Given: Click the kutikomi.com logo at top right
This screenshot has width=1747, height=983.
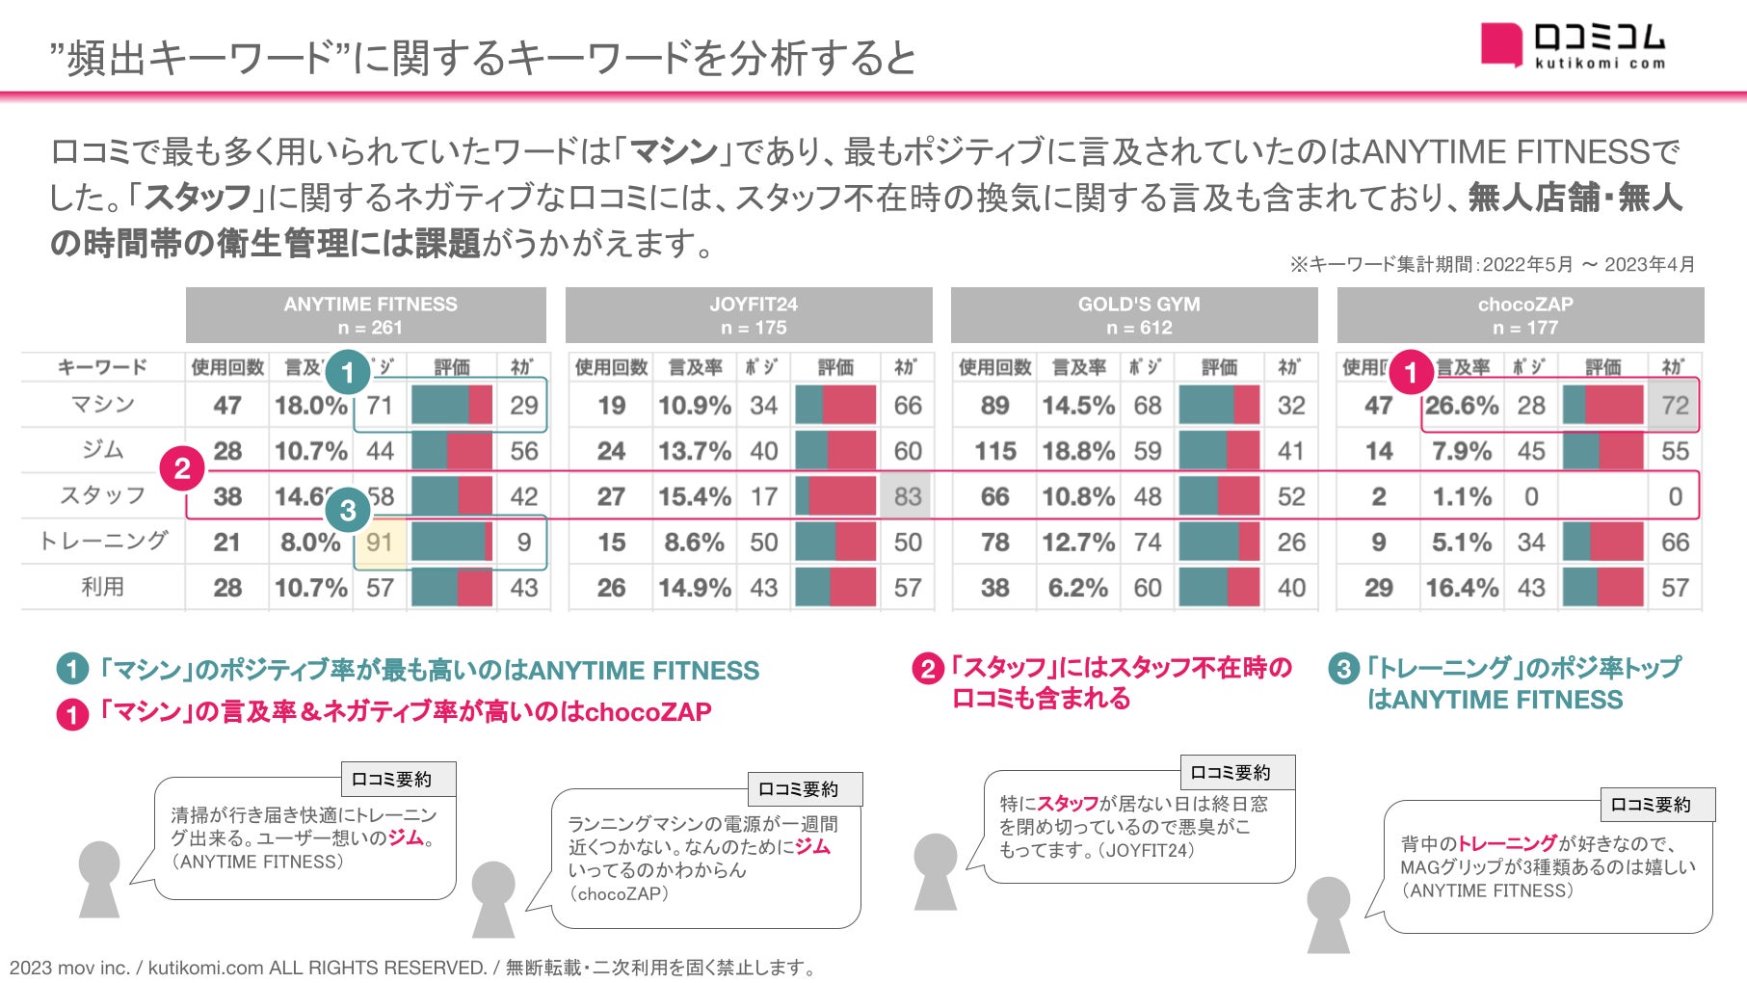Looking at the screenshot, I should [x=1573, y=45].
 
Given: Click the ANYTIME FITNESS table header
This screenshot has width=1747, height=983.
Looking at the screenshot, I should [x=370, y=315].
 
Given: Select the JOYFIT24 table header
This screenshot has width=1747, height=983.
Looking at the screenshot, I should [x=753, y=315].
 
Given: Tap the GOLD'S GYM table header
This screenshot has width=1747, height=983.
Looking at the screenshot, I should [x=1138, y=315].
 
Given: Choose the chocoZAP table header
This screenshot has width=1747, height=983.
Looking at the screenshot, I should [x=1524, y=315].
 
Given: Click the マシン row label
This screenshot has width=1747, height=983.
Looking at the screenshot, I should [x=103, y=405].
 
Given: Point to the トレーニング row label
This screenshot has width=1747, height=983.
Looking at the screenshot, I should [x=103, y=542].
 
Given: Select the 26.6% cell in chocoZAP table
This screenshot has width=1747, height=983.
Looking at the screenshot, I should [x=1461, y=406].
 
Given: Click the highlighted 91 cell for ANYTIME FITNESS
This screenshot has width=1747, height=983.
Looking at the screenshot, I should [x=380, y=543].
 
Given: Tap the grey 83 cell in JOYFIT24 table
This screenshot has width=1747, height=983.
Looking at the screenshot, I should [x=907, y=497].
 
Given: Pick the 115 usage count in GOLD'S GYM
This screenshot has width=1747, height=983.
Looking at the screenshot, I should [x=994, y=451].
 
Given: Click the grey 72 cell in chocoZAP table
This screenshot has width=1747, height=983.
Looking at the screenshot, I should [x=1675, y=406].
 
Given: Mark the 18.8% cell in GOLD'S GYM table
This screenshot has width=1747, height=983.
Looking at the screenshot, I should [x=1077, y=451].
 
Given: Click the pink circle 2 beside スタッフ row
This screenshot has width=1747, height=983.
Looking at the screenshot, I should [x=182, y=469].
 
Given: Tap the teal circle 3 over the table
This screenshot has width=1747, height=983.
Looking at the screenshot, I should [x=348, y=510].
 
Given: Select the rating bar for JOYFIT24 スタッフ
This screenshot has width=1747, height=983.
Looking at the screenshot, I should [x=835, y=497].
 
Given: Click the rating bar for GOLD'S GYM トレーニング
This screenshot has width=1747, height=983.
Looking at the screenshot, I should [x=1219, y=543].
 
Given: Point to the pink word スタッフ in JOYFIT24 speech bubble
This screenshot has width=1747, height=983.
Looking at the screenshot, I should [x=1068, y=804].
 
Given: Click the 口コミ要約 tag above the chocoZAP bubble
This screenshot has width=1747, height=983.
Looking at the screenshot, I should [x=805, y=789].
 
